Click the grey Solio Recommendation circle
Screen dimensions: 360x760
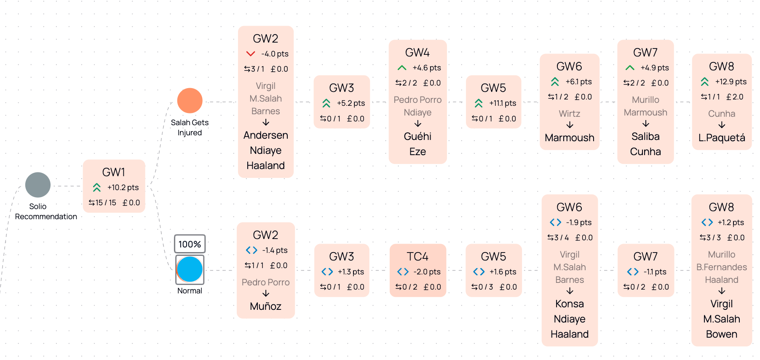point(38,185)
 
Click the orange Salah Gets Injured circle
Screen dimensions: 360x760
point(190,101)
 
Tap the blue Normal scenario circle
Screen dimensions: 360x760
point(190,269)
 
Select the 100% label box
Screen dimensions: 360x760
point(190,244)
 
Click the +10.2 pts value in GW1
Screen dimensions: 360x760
point(123,188)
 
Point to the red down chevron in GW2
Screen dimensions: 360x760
point(251,54)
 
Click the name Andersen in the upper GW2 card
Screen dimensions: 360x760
point(265,135)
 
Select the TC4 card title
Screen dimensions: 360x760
point(417,256)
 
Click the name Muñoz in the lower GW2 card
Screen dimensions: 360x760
point(265,306)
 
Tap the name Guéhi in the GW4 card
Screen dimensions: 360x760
point(417,137)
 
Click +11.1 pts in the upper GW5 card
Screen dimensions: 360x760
point(502,103)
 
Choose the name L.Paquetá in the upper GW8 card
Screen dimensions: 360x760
point(721,138)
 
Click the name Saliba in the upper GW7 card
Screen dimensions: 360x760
point(645,137)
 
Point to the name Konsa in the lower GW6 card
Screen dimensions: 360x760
point(569,304)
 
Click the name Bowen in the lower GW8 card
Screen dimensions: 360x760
point(721,334)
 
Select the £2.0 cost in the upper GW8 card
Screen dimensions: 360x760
point(735,97)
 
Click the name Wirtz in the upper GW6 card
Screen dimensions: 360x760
point(569,114)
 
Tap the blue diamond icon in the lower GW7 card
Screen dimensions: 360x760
point(633,272)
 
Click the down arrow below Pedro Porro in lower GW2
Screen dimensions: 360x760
point(265,294)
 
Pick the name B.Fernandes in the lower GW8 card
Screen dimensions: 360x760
point(721,267)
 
